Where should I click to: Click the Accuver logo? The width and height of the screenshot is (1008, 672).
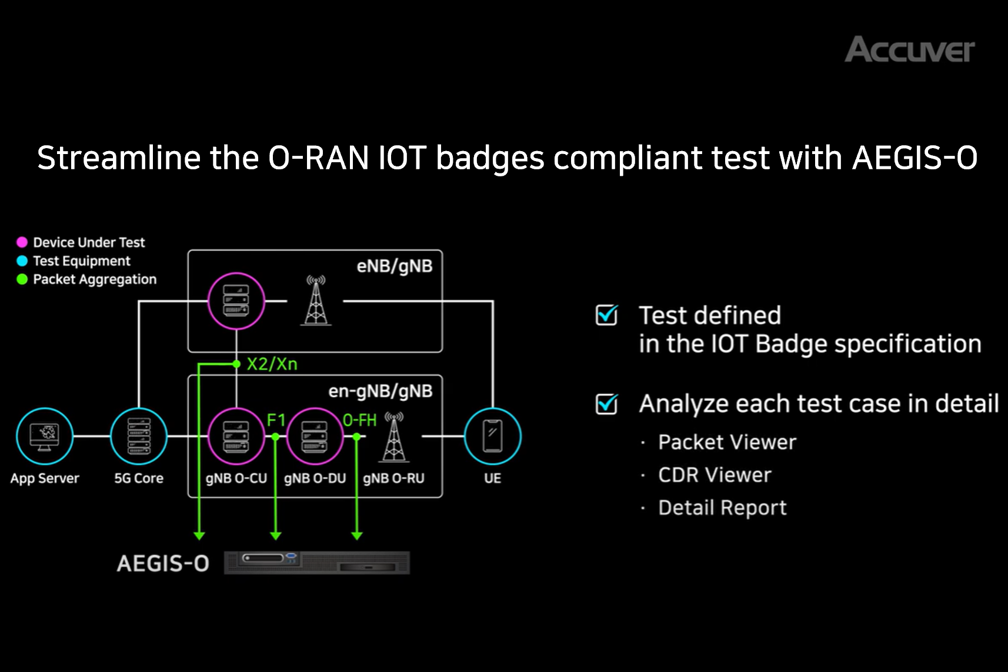tap(909, 49)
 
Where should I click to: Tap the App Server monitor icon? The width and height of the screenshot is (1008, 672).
tap(45, 436)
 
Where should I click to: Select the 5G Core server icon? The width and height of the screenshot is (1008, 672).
tap(139, 436)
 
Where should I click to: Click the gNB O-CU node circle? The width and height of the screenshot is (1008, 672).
tap(236, 436)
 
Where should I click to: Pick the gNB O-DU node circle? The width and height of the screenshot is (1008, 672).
tap(315, 436)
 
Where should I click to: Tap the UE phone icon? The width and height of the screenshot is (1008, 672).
tap(493, 436)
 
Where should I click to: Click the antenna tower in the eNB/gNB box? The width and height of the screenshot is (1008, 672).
tap(316, 300)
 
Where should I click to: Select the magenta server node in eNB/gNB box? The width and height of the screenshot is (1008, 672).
tap(236, 301)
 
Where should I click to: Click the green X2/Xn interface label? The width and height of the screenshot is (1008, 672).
tap(272, 364)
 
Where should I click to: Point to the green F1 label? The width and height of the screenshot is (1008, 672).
tap(276, 420)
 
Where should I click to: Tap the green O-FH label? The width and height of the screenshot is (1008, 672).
tap(359, 420)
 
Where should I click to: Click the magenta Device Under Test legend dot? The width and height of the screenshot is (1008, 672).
tap(22, 242)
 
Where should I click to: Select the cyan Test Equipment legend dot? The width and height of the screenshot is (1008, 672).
tap(22, 261)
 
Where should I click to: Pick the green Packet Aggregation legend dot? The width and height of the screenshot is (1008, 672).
tap(22, 279)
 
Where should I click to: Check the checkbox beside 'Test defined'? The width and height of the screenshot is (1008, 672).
tap(606, 315)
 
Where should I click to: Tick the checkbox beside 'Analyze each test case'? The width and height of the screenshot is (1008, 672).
tap(606, 403)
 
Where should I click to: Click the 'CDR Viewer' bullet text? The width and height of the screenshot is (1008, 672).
tap(715, 475)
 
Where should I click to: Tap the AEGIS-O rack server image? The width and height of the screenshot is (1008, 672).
tap(317, 563)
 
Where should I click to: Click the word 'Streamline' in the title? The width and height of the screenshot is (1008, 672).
tap(119, 158)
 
